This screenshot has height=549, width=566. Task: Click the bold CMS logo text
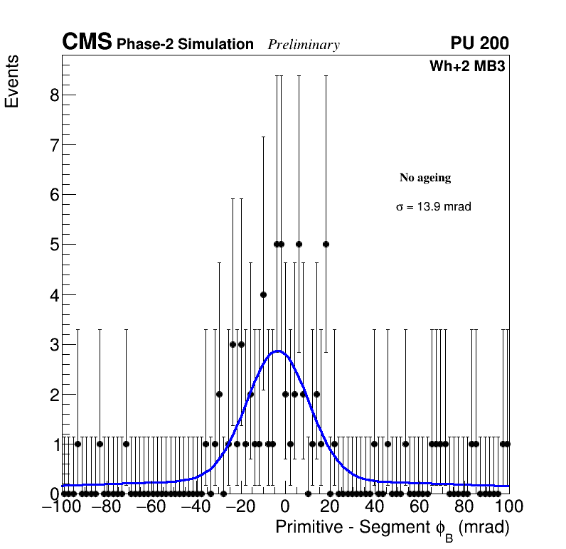click(87, 43)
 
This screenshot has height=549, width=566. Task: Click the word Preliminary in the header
click(304, 45)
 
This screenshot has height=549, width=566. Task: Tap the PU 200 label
click(479, 43)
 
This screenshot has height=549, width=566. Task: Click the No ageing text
click(425, 178)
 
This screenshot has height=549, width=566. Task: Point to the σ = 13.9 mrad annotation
click(434, 207)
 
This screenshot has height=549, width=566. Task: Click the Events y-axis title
click(12, 81)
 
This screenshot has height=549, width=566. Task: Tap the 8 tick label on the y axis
click(54, 95)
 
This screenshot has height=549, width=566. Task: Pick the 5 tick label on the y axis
click(54, 245)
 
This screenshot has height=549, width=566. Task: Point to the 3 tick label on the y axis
click(54, 344)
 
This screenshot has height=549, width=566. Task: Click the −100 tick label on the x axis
click(62, 507)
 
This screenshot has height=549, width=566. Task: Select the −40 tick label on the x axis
click(196, 507)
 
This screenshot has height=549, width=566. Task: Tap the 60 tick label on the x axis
click(420, 507)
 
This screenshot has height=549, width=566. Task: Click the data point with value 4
click(263, 294)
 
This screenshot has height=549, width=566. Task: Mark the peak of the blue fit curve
click(278, 351)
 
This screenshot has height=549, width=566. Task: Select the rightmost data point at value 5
click(326, 245)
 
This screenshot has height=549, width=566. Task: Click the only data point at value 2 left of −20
click(219, 394)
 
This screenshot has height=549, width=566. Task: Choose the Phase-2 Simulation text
click(185, 45)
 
